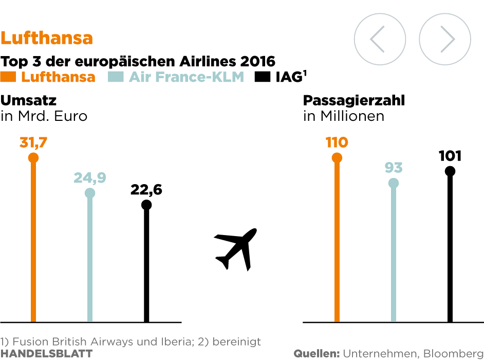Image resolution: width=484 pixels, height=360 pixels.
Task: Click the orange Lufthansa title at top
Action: pyautogui.click(x=47, y=38)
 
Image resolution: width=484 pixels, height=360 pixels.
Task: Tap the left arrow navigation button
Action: pyautogui.click(x=380, y=39)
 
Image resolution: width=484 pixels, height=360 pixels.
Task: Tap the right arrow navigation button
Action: pyautogui.click(x=445, y=39)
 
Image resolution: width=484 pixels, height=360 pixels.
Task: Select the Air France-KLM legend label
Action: pyautogui.click(x=186, y=77)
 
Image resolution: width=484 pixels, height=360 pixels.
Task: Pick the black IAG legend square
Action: pyautogui.click(x=263, y=77)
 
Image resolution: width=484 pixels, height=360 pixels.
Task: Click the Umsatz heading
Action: pyautogui.click(x=29, y=100)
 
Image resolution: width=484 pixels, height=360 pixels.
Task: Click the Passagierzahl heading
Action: pyautogui.click(x=354, y=100)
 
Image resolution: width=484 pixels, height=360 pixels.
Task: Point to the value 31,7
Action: pyautogui.click(x=33, y=142)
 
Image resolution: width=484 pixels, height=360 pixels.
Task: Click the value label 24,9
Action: pyautogui.click(x=90, y=178)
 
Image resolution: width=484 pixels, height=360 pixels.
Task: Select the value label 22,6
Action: pyautogui.click(x=146, y=190)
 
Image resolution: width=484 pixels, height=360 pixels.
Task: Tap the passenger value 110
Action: pyautogui.click(x=337, y=142)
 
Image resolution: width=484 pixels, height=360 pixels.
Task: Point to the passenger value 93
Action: pyautogui.click(x=394, y=168)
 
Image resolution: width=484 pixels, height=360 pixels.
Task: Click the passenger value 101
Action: pyautogui.click(x=450, y=156)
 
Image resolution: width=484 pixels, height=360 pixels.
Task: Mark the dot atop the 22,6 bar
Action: pyautogui.click(x=146, y=205)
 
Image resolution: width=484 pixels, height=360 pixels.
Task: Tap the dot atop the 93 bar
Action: pyautogui.click(x=394, y=183)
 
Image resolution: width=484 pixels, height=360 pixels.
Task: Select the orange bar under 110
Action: pyautogui.click(x=337, y=242)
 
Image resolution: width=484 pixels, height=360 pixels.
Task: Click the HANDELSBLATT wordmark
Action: pyautogui.click(x=46, y=353)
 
